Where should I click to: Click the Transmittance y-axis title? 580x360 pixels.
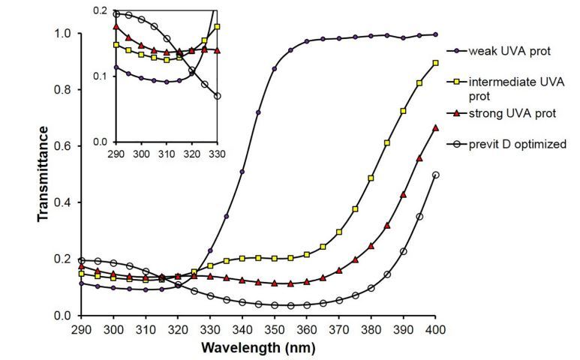pos(44,174)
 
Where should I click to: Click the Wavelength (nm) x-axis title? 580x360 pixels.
pos(258,348)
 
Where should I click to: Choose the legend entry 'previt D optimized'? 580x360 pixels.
pos(517,144)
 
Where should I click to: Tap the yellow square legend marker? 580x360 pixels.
pos(457,81)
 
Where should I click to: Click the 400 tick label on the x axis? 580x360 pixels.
pos(436,329)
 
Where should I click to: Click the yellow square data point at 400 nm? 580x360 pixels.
pos(436,63)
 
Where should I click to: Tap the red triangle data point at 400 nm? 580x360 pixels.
pos(436,128)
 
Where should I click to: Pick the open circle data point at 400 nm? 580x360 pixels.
pos(436,175)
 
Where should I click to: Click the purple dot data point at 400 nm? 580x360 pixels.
pos(436,34)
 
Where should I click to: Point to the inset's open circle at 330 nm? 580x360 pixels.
pos(217,96)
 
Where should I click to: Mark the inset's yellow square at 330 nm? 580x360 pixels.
pos(217,27)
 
